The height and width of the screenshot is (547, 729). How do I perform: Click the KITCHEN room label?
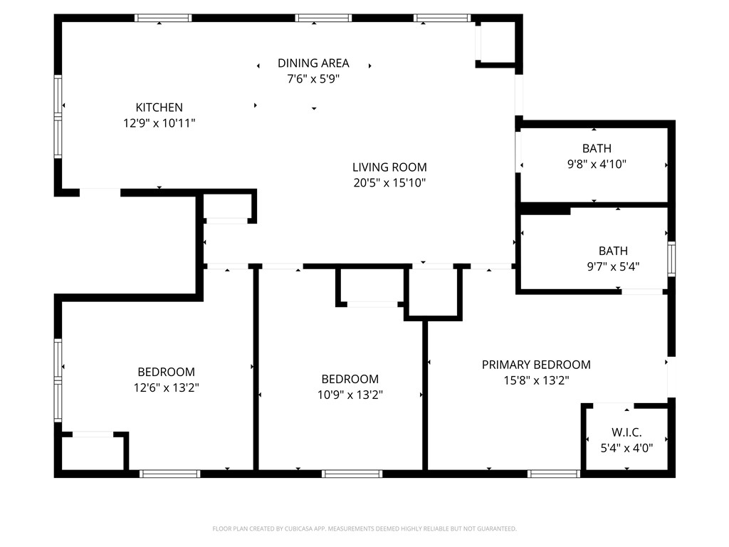(159, 108)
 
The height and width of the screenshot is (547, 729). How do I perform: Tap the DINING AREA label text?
(313, 63)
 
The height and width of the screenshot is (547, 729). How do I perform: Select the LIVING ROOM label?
(389, 167)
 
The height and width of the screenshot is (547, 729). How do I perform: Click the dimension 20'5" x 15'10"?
(389, 183)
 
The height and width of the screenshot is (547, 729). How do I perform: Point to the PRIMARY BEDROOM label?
(536, 365)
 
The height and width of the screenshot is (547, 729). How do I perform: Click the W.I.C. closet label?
(626, 432)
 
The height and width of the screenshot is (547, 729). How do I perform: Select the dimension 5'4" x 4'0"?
(626, 448)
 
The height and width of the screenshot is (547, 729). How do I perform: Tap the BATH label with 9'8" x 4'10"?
(597, 148)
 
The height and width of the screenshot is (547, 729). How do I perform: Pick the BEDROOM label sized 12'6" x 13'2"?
(166, 372)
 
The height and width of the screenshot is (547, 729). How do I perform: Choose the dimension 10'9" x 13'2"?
(350, 395)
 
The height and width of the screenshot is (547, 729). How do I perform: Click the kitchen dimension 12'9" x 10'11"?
(159, 123)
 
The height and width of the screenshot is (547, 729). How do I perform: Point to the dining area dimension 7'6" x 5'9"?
(313, 79)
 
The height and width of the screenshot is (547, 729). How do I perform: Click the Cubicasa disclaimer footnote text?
(364, 528)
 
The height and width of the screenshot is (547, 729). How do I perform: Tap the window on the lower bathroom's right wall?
(671, 259)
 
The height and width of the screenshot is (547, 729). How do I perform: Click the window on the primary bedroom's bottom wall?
(554, 474)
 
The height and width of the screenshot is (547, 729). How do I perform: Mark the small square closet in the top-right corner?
(498, 43)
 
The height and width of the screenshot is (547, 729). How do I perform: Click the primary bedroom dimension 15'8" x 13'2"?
(536, 380)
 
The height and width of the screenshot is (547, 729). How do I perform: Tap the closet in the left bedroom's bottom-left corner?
(93, 453)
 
